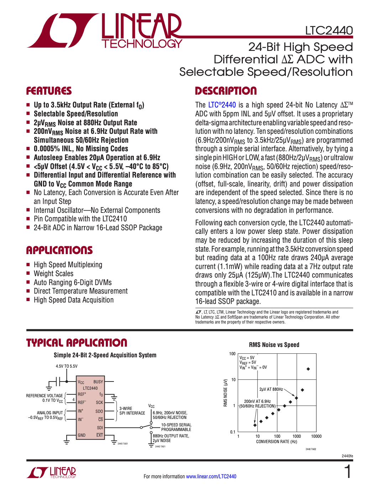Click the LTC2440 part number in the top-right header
[x=329, y=31]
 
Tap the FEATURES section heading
[x=49, y=91]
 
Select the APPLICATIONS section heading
[x=59, y=251]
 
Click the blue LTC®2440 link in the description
[x=222, y=105]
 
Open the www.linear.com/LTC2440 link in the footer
[x=211, y=477]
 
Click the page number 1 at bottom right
[x=348, y=472]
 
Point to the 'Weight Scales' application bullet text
[x=53, y=274]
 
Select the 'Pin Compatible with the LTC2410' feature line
[x=80, y=219]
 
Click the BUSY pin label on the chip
[x=98, y=382]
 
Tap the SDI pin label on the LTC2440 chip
[x=100, y=428]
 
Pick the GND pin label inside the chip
[x=82, y=435]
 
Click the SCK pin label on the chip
[x=99, y=403]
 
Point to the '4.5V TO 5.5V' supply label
[x=67, y=366]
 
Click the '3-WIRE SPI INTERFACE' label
[x=132, y=411]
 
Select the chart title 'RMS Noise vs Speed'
[x=274, y=345]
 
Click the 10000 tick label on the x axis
[x=316, y=436]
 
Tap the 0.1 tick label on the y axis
[x=233, y=432]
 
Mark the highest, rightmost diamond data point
[x=308, y=369]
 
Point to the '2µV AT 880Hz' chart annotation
[x=271, y=389]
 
